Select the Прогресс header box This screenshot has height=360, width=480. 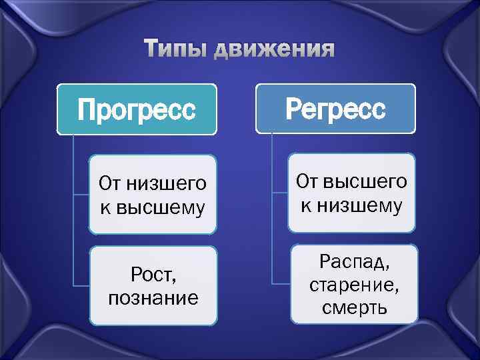click(137, 109)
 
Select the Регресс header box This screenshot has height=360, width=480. click(335, 108)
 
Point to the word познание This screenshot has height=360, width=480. click(153, 297)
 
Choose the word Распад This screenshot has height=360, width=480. click(353, 260)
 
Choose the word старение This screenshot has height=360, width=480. click(353, 284)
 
